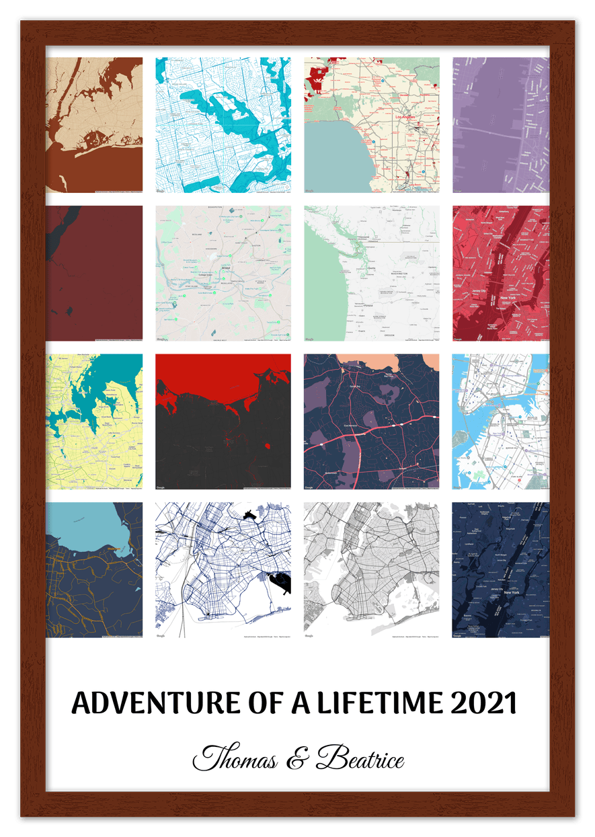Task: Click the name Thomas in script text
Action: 235,759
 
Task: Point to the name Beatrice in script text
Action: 361,759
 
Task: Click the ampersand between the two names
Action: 296,760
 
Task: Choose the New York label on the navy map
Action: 511,592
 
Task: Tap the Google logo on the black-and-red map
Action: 161,487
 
